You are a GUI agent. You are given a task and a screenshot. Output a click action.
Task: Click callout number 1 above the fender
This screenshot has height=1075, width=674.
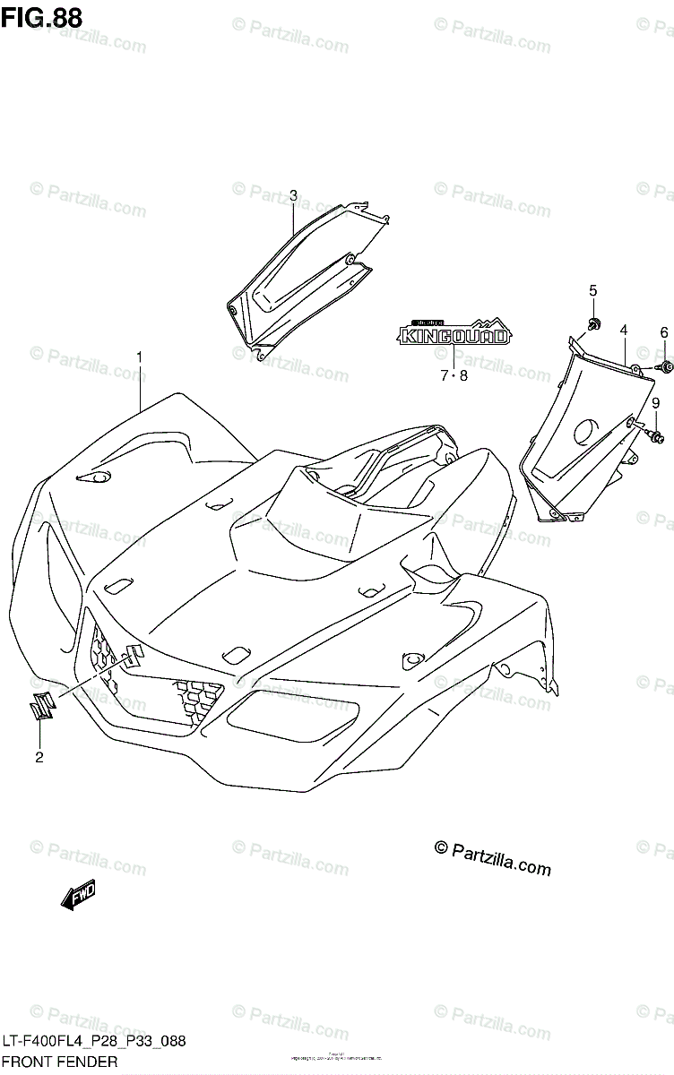tap(140, 357)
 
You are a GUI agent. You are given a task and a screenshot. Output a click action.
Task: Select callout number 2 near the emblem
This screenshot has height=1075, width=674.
tap(39, 758)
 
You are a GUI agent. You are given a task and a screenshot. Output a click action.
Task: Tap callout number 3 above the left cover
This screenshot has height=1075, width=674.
tap(293, 195)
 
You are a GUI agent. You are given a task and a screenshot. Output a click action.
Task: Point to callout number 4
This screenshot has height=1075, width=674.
tap(623, 331)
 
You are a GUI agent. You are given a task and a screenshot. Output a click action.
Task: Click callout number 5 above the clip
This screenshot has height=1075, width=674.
tap(592, 289)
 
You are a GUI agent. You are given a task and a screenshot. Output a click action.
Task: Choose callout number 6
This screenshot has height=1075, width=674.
tap(664, 332)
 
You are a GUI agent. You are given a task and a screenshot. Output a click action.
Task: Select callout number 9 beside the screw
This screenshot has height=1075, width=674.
tap(655, 403)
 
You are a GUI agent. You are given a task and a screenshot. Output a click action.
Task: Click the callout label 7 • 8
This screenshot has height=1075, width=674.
tap(454, 376)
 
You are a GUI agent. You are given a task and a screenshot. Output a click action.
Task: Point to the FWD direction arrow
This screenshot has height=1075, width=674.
tap(79, 894)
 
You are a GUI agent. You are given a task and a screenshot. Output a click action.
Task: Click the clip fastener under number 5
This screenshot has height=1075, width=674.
tap(593, 322)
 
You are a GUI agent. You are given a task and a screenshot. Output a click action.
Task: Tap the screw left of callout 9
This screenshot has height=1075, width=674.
tap(656, 436)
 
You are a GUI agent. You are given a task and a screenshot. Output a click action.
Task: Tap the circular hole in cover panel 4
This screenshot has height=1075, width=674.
tap(586, 431)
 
